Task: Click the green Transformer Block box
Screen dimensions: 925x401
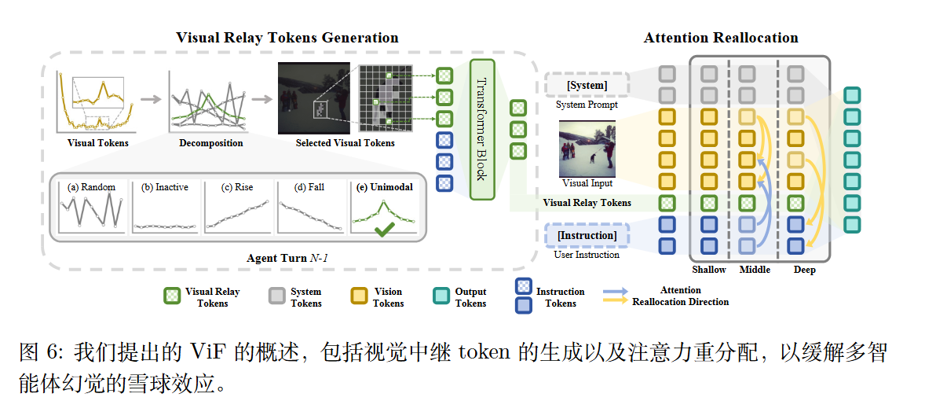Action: [x=483, y=129]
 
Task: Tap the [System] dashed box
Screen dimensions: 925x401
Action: [x=587, y=86]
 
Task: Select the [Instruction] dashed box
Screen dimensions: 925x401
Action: [x=587, y=236]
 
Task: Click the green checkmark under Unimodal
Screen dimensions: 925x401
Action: [x=383, y=229]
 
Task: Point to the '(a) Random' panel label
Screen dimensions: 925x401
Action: [x=91, y=187]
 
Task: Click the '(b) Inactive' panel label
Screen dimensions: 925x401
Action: [x=165, y=187]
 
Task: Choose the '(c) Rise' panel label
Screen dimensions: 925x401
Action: [x=237, y=187]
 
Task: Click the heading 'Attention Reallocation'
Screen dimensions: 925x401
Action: [x=721, y=38]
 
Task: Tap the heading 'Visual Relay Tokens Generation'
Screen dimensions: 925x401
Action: [x=287, y=38]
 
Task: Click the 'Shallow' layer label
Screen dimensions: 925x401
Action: [x=709, y=270]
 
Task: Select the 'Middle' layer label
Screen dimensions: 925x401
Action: [x=755, y=270]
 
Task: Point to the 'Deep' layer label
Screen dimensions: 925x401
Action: [x=805, y=270]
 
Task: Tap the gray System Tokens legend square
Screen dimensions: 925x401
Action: [x=276, y=296]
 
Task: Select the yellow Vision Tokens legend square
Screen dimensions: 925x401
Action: [x=359, y=296]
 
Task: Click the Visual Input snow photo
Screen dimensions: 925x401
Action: [x=587, y=149]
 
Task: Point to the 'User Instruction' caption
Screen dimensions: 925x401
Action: [x=587, y=255]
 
